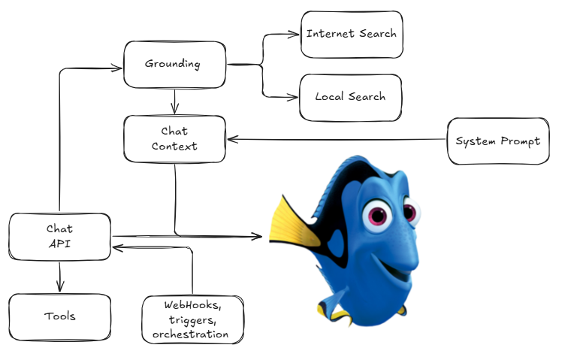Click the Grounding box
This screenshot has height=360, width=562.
[174, 65]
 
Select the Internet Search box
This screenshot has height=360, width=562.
[352, 35]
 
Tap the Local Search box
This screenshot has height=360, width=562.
[350, 98]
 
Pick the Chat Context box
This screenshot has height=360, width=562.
[174, 139]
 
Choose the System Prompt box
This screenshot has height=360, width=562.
[498, 141]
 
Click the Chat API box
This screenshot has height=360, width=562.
[59, 237]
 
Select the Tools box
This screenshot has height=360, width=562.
[59, 317]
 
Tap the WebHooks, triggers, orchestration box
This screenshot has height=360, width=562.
[192, 319]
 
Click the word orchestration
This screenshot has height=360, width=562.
[190, 334]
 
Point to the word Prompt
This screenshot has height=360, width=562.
[521, 141]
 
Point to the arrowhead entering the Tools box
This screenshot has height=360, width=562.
[60, 286]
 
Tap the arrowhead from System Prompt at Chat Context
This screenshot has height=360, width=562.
[233, 139]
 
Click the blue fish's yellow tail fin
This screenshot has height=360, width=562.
[292, 222]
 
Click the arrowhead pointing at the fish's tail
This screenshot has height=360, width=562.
[257, 236]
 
